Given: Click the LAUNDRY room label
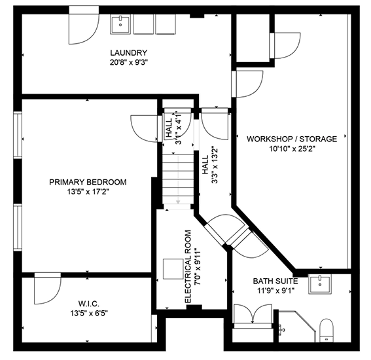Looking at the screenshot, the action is pyautogui.click(x=129, y=52).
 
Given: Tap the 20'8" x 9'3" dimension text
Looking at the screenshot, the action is pyautogui.click(x=129, y=63).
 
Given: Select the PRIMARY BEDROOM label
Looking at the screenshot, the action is pyautogui.click(x=88, y=182).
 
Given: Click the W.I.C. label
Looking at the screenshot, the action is pyautogui.click(x=89, y=304).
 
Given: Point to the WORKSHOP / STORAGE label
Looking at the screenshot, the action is pyautogui.click(x=292, y=139).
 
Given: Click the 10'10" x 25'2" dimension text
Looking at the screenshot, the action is pyautogui.click(x=292, y=149).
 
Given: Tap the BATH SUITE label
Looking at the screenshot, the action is pyautogui.click(x=275, y=281).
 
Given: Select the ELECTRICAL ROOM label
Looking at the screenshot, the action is pyautogui.click(x=188, y=266).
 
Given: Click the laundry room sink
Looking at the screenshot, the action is pyautogui.click(x=120, y=24).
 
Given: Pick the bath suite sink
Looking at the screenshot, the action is pyautogui.click(x=320, y=284).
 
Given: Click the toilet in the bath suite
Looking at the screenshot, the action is pyautogui.click(x=327, y=331).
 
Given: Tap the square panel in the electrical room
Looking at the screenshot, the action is pyautogui.click(x=173, y=269).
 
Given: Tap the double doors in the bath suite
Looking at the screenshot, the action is pyautogui.click(x=253, y=314).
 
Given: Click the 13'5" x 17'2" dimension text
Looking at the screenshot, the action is pyautogui.click(x=88, y=192).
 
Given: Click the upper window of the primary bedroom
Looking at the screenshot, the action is pyautogui.click(x=18, y=135).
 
